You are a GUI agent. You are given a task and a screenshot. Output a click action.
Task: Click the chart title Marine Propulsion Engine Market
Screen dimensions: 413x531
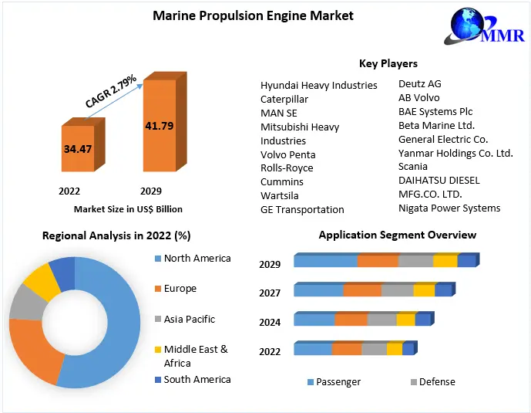click(253, 15)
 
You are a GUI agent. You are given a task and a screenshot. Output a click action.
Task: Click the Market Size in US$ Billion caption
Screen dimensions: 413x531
click(128, 208)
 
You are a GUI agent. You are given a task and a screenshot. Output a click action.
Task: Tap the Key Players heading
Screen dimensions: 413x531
click(388, 63)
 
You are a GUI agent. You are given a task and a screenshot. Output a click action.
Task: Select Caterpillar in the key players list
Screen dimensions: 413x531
click(284, 99)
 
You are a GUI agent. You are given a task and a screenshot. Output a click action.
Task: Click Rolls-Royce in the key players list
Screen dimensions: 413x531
click(287, 168)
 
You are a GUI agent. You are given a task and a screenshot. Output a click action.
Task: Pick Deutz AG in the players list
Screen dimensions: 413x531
click(420, 83)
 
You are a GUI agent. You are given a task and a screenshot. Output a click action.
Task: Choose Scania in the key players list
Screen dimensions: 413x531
click(413, 166)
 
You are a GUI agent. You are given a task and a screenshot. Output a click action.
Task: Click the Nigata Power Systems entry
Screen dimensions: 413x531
click(449, 208)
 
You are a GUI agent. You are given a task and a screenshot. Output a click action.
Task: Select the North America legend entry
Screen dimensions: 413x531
click(197, 258)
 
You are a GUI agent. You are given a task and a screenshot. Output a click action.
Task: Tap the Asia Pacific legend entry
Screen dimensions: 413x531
click(190, 319)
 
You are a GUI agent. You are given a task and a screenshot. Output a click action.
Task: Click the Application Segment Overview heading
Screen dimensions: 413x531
click(398, 235)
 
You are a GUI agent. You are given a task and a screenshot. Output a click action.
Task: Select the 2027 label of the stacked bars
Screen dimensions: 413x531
click(270, 293)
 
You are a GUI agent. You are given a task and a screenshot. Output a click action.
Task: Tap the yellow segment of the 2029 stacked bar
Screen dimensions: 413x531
click(445, 261)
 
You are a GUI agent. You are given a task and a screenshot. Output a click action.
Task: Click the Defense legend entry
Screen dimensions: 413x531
click(437, 381)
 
